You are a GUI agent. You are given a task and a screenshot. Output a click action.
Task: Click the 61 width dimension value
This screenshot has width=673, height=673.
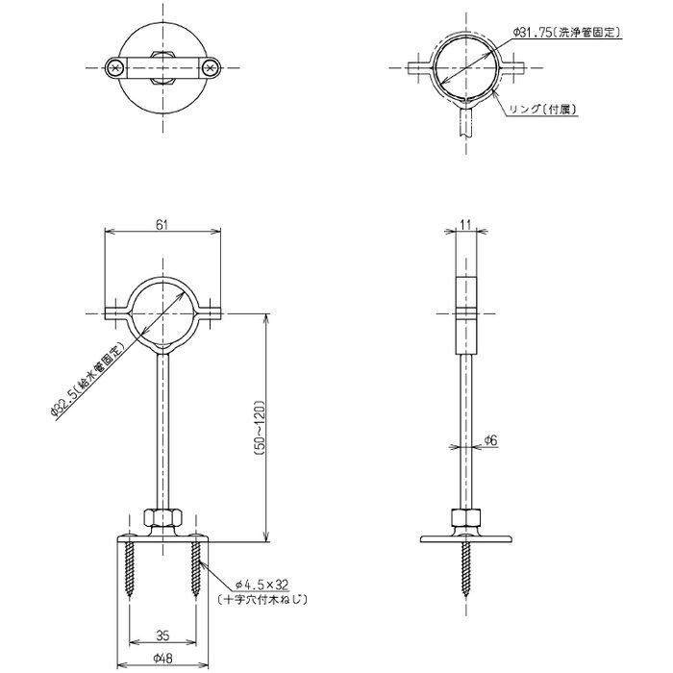pyautogui.click(x=161, y=224)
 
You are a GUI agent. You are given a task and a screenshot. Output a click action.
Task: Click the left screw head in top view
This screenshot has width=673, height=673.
pyautogui.click(x=114, y=67)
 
